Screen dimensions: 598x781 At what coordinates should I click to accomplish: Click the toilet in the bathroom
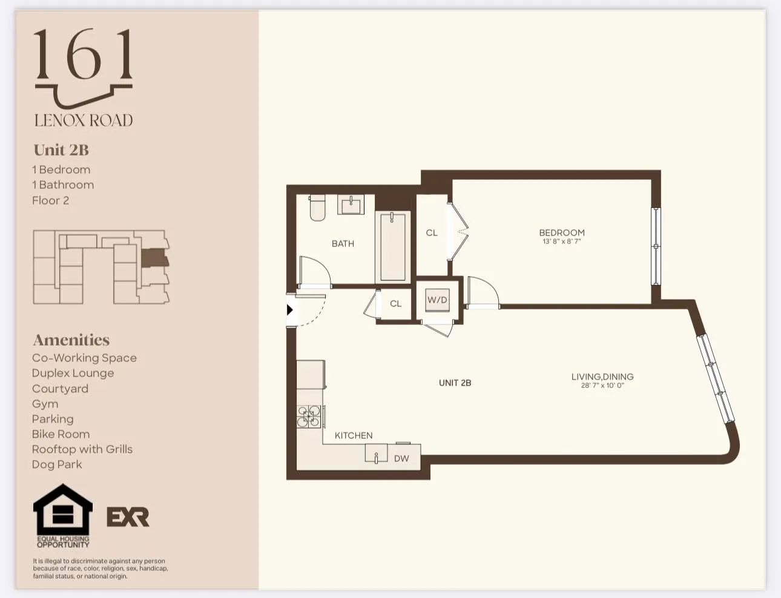(317, 208)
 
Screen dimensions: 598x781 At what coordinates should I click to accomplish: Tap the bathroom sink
(351, 205)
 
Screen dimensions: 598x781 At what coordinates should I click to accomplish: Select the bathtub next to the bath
(393, 246)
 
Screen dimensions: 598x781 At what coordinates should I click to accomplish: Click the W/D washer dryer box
(437, 300)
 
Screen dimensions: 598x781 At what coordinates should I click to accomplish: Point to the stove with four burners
(309, 416)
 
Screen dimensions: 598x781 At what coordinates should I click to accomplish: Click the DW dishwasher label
(401, 459)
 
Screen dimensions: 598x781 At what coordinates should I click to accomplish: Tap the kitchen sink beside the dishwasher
(376, 453)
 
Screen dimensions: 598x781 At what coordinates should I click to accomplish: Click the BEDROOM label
(562, 232)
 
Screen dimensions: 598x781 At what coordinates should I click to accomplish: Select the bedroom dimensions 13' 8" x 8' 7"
(562, 241)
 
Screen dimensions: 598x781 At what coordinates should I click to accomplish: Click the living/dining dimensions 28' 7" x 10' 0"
(602, 385)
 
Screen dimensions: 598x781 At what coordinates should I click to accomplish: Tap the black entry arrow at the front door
(290, 310)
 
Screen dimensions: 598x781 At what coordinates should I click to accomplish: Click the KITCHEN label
(354, 435)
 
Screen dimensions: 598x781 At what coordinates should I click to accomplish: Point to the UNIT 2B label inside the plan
(455, 383)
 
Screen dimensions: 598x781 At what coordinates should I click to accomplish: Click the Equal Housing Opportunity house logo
(62, 511)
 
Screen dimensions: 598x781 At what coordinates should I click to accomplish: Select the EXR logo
(128, 517)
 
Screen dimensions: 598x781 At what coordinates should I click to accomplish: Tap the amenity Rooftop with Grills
(82, 449)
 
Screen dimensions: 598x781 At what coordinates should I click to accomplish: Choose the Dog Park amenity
(57, 464)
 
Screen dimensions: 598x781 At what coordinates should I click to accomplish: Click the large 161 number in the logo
(84, 56)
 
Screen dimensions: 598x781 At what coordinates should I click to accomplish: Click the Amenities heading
(71, 340)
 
